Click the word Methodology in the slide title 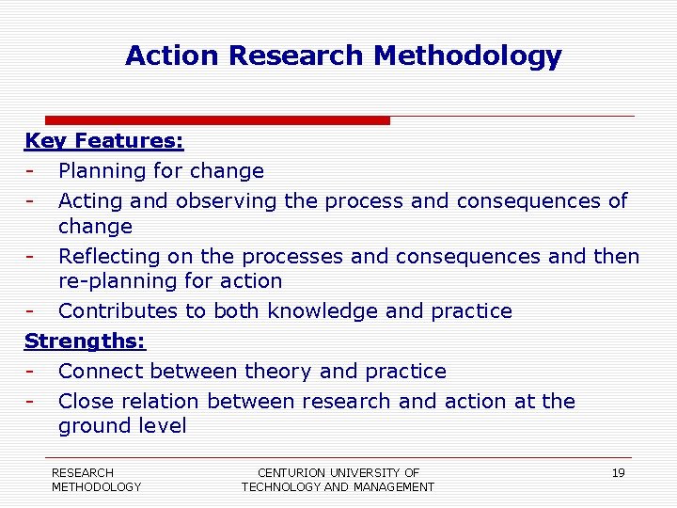[x=467, y=56]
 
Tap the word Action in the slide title [x=173, y=56]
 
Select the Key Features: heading [x=103, y=141]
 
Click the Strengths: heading [x=85, y=341]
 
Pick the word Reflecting [x=109, y=256]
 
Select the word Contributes [x=116, y=311]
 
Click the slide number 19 [x=618, y=473]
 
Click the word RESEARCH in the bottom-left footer [x=83, y=472]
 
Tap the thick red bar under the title [x=217, y=120]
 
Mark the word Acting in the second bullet [x=91, y=201]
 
